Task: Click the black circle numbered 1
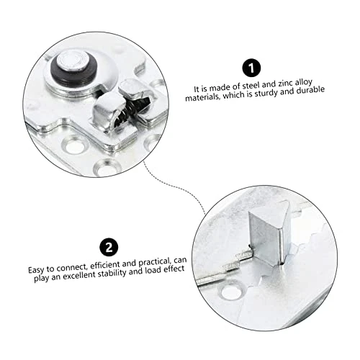tap(251, 68)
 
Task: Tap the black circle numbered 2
tap(109, 247)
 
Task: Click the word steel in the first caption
tap(251, 86)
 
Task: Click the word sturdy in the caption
tap(266, 94)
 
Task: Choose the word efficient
tap(105, 265)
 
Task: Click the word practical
tap(155, 262)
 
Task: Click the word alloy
tap(304, 83)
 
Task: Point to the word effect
tap(174, 269)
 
